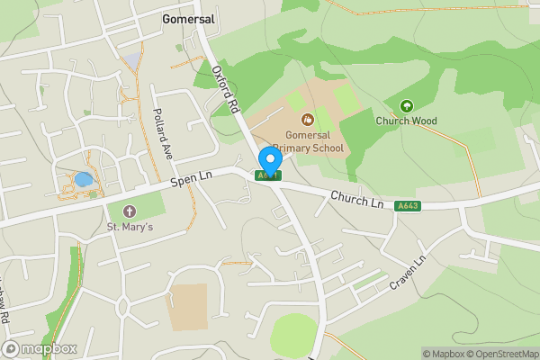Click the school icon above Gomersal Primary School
click(307, 119)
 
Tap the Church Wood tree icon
click(406, 106)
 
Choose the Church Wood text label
click(406, 121)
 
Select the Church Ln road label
click(356, 198)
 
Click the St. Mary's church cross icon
click(130, 211)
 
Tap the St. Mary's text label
click(130, 227)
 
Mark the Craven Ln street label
click(407, 272)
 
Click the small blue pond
click(83, 179)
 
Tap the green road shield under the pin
click(269, 175)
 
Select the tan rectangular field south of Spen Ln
click(189, 307)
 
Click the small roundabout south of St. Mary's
click(123, 307)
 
